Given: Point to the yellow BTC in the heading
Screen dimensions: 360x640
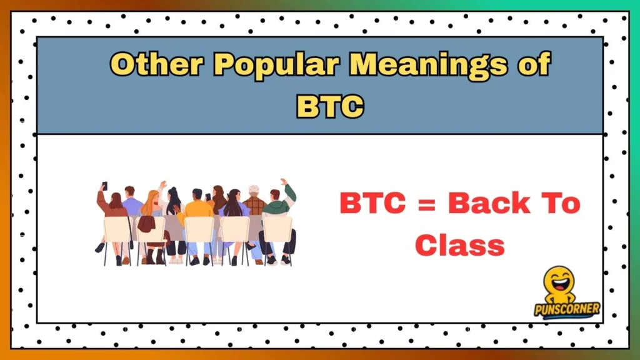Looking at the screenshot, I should pos(330,105).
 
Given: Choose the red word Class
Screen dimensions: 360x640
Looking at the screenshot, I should pos(459,244).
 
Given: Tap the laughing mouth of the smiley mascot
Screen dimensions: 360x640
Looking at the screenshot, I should pos(559,282).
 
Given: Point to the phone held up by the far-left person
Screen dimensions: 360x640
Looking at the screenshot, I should pos(104,186).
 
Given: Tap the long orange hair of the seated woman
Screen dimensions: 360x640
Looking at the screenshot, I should pos(150,203).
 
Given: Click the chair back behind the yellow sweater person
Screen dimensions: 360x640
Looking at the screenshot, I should pos(199,229).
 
